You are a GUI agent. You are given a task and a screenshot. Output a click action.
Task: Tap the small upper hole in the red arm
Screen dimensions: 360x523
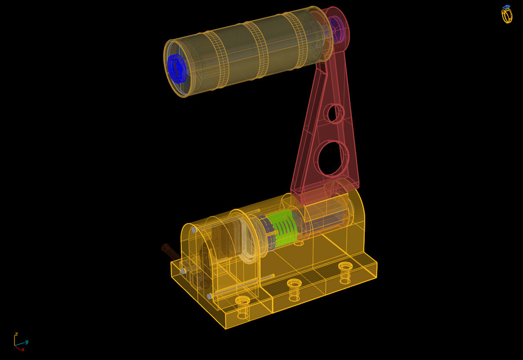click(x=334, y=113)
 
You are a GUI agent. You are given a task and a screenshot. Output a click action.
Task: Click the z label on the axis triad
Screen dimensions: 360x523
click(x=16, y=334)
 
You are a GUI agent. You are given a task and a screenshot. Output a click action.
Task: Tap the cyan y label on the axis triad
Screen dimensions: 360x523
click(x=26, y=341)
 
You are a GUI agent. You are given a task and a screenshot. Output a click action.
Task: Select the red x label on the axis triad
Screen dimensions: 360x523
click(x=23, y=349)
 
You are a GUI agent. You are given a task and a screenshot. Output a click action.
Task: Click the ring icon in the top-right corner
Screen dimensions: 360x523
click(x=507, y=15)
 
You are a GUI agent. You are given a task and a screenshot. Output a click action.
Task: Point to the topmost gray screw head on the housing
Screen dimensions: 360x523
click(x=194, y=230)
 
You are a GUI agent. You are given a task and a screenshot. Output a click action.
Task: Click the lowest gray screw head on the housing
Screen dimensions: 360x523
click(x=209, y=296)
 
